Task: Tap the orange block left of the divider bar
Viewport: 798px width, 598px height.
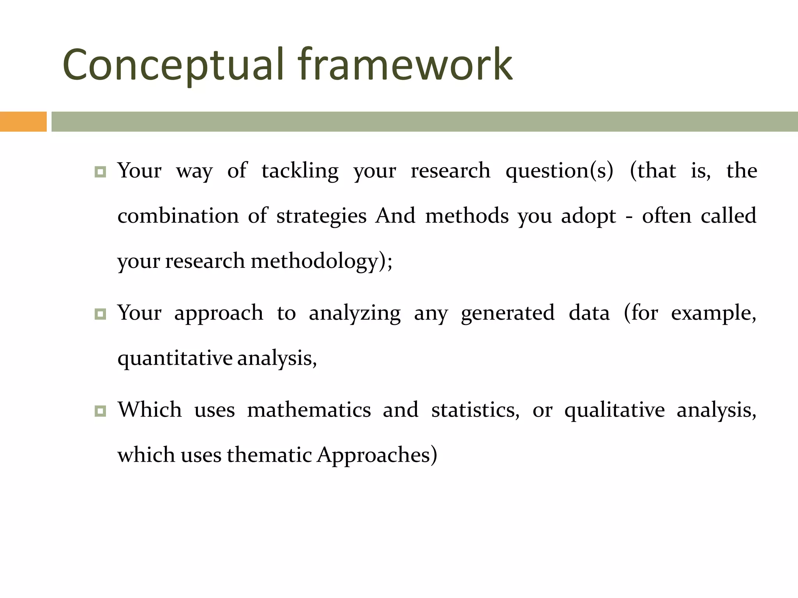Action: tap(23, 121)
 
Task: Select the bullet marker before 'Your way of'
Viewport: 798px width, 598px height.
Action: tap(100, 172)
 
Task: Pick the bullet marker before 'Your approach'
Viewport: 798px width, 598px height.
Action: tap(100, 314)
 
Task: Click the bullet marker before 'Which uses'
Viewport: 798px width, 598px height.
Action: tap(100, 411)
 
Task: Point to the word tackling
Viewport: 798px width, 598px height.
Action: tap(300, 171)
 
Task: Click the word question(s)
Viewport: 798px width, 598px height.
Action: tap(559, 171)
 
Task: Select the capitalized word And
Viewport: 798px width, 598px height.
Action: tap(395, 216)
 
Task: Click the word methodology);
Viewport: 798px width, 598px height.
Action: tap(321, 261)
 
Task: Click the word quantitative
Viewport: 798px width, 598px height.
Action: tap(175, 359)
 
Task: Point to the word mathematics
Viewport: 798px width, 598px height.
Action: tap(309, 410)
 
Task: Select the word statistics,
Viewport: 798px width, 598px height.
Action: tap(475, 410)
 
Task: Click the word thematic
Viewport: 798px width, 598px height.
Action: tap(269, 455)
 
